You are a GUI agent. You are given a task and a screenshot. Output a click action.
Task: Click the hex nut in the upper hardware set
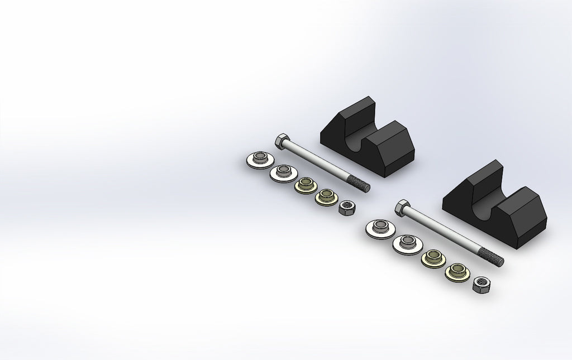point(348,208)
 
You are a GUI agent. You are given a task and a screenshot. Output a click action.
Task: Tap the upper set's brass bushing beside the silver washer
point(305,184)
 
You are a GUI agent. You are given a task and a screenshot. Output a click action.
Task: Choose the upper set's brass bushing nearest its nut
point(327,196)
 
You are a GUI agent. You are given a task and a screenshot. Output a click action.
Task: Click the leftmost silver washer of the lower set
point(379,228)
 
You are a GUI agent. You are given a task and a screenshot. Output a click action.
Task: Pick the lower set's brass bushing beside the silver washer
point(432,258)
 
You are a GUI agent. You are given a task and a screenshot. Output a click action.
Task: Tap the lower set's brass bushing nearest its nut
point(456,272)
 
